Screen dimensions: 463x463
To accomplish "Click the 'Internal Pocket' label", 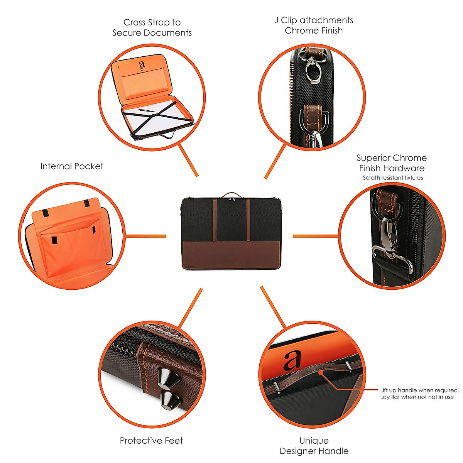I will (72, 166).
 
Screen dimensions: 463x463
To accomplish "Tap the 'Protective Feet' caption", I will (151, 441).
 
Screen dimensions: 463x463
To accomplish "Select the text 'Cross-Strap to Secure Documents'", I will (152, 28).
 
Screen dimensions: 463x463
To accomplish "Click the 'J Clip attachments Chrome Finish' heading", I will (314, 25).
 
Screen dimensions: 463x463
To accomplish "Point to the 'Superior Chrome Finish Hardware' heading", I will (392, 163).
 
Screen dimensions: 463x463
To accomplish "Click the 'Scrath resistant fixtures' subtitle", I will (393, 178).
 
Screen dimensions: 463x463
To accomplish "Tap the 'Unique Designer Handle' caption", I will (314, 446).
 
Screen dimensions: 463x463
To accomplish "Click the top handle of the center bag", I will (231, 194).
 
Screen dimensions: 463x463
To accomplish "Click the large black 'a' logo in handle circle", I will (291, 361).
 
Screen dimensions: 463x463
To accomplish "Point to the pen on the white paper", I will (147, 111).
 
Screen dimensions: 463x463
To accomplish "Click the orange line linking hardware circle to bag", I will (316, 236).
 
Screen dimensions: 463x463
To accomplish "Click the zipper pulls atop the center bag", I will (232, 199).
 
